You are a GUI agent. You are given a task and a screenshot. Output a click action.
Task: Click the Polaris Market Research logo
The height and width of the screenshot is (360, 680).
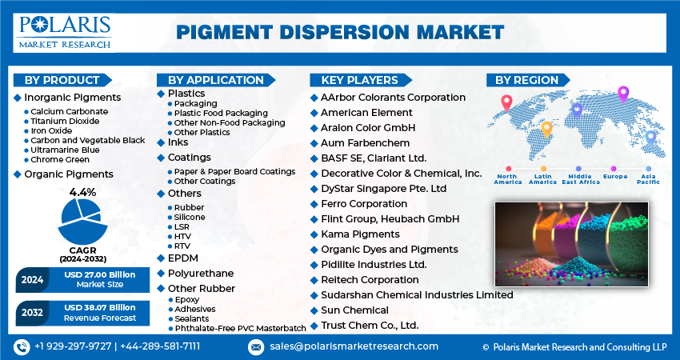[x=65, y=31]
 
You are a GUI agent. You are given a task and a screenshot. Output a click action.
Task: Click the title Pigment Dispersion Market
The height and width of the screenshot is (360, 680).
[x=340, y=32]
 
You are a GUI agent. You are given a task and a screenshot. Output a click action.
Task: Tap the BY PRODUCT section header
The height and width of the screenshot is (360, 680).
[x=62, y=80]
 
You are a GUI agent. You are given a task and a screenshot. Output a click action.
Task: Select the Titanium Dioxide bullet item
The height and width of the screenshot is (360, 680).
[x=65, y=121]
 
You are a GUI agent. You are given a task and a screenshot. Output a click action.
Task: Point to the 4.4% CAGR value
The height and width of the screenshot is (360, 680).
[x=82, y=192]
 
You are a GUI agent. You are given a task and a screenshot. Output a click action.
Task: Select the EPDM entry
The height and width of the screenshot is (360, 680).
[x=183, y=258]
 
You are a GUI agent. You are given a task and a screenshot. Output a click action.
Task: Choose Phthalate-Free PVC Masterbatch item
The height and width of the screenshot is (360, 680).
[x=240, y=328]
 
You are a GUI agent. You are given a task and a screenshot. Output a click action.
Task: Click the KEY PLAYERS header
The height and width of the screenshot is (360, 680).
[x=359, y=80]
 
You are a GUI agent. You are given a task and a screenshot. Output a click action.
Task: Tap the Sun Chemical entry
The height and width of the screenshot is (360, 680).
[x=356, y=310]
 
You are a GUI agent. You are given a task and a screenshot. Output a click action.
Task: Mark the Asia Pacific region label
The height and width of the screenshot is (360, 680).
[x=650, y=179]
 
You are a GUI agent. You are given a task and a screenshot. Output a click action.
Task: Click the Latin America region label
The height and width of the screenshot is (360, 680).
[x=542, y=179]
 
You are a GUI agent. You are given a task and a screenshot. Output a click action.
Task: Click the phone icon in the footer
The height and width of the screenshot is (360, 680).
[x=21, y=346]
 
